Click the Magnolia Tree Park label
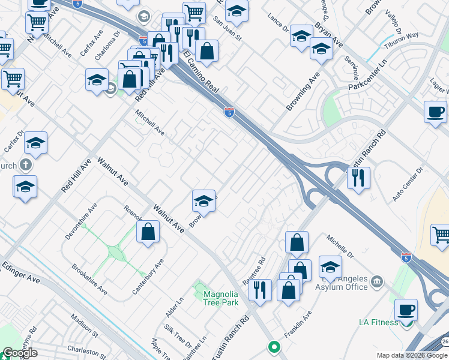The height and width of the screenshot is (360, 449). (x=221, y=298)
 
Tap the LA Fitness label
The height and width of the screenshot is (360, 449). (x=378, y=322)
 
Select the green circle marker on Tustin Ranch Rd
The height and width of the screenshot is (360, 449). (x=274, y=346)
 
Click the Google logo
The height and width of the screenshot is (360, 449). (x=19, y=353)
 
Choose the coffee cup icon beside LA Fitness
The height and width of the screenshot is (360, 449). (x=406, y=310)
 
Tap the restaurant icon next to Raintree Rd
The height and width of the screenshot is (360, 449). (x=259, y=290)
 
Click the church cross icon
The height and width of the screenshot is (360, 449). (x=25, y=164)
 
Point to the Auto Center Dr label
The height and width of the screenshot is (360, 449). (x=408, y=183)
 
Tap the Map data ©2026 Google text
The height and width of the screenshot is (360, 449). (x=412, y=355)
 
